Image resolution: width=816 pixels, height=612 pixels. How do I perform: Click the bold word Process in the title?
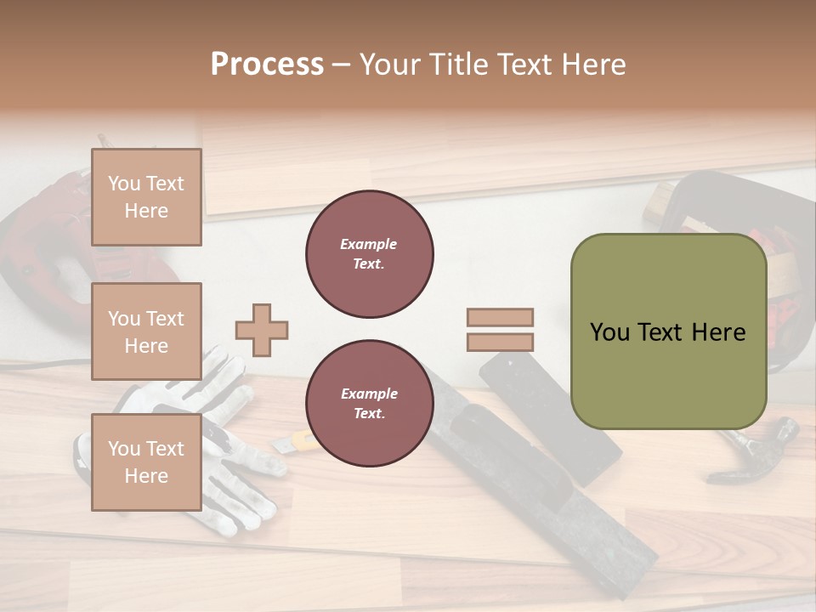point(267,64)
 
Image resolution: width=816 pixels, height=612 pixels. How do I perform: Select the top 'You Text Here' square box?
point(146,197)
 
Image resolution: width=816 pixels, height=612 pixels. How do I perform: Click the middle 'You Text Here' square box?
point(146,331)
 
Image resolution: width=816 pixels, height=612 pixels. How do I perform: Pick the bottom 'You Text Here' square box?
point(146,462)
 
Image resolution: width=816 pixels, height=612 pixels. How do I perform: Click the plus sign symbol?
point(262,330)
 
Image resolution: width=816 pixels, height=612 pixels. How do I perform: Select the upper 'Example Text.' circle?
point(370,254)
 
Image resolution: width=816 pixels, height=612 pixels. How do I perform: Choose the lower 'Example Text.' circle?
point(370,404)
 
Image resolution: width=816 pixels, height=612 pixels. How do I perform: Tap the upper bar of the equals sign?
point(501,318)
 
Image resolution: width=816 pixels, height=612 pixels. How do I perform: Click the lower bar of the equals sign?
point(501,343)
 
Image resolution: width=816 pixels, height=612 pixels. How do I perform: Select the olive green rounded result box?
point(668,331)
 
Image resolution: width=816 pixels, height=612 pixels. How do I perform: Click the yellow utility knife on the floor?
point(297,441)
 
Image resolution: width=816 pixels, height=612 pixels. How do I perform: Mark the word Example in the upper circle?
point(369,244)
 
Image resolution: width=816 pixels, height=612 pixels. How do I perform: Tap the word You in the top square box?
point(124,184)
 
